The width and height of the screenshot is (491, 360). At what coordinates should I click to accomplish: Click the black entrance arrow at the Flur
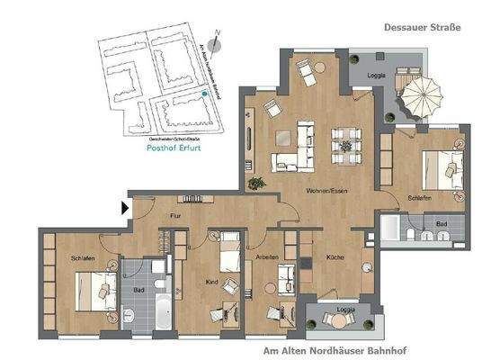tap(126, 209)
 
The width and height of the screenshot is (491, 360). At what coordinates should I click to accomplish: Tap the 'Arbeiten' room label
tap(266, 257)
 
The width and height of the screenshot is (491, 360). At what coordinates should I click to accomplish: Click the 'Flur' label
tap(176, 216)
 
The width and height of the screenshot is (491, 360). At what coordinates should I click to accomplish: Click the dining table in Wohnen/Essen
tap(345, 144)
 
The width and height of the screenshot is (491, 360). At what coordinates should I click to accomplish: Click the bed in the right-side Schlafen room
tap(441, 165)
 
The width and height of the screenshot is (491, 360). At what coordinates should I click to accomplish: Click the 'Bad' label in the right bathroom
tap(442, 222)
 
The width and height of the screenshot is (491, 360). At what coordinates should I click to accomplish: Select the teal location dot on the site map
tap(206, 94)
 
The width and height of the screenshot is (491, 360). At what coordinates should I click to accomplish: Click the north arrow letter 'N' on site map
tap(229, 38)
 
